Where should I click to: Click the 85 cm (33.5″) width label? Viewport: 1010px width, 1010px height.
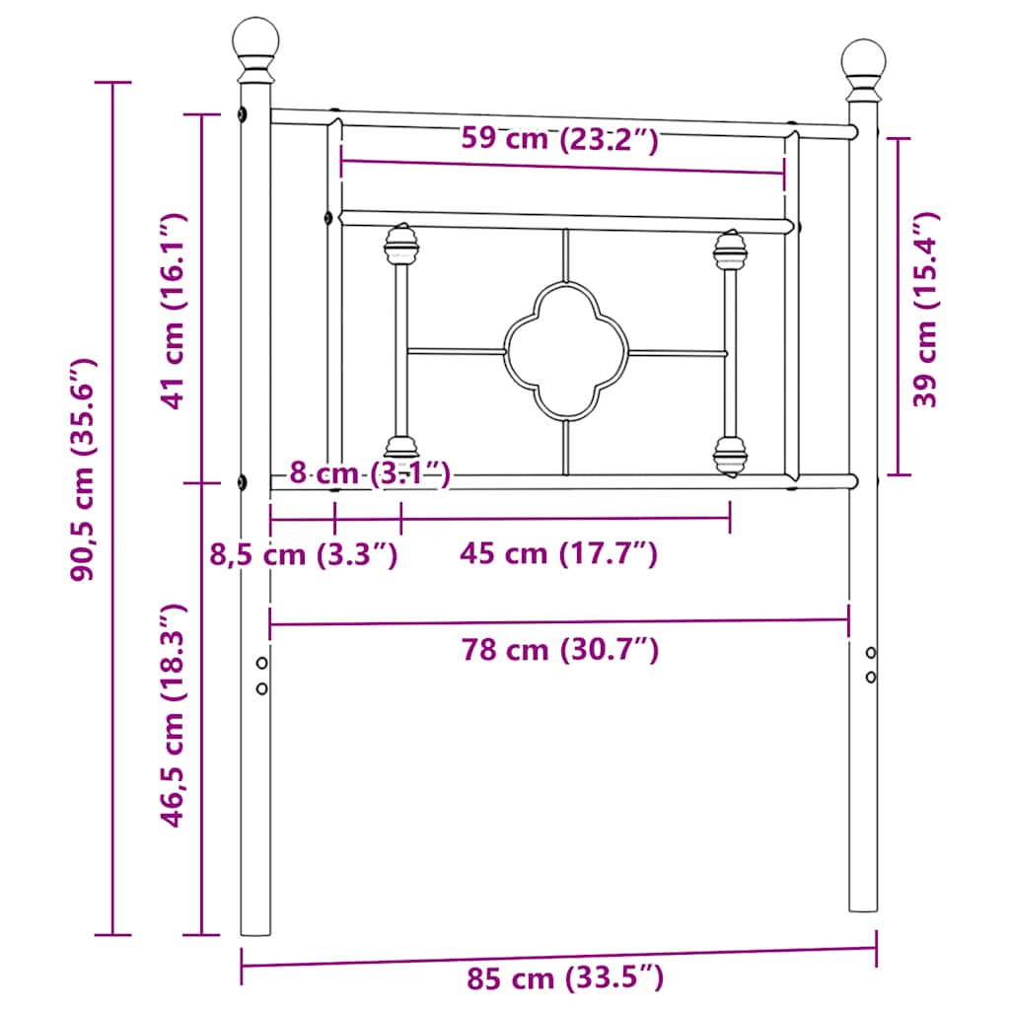565,977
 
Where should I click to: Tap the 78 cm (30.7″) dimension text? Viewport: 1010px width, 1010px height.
560,649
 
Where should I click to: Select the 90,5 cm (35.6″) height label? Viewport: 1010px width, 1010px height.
84,470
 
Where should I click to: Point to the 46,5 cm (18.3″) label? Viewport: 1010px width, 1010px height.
174,716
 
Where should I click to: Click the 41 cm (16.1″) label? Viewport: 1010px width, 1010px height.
174,311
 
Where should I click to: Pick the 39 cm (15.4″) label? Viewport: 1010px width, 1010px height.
925,309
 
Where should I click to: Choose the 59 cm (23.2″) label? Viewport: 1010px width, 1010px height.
560,138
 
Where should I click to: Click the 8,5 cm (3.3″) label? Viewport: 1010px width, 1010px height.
304,554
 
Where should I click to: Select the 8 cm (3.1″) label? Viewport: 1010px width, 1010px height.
370,473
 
